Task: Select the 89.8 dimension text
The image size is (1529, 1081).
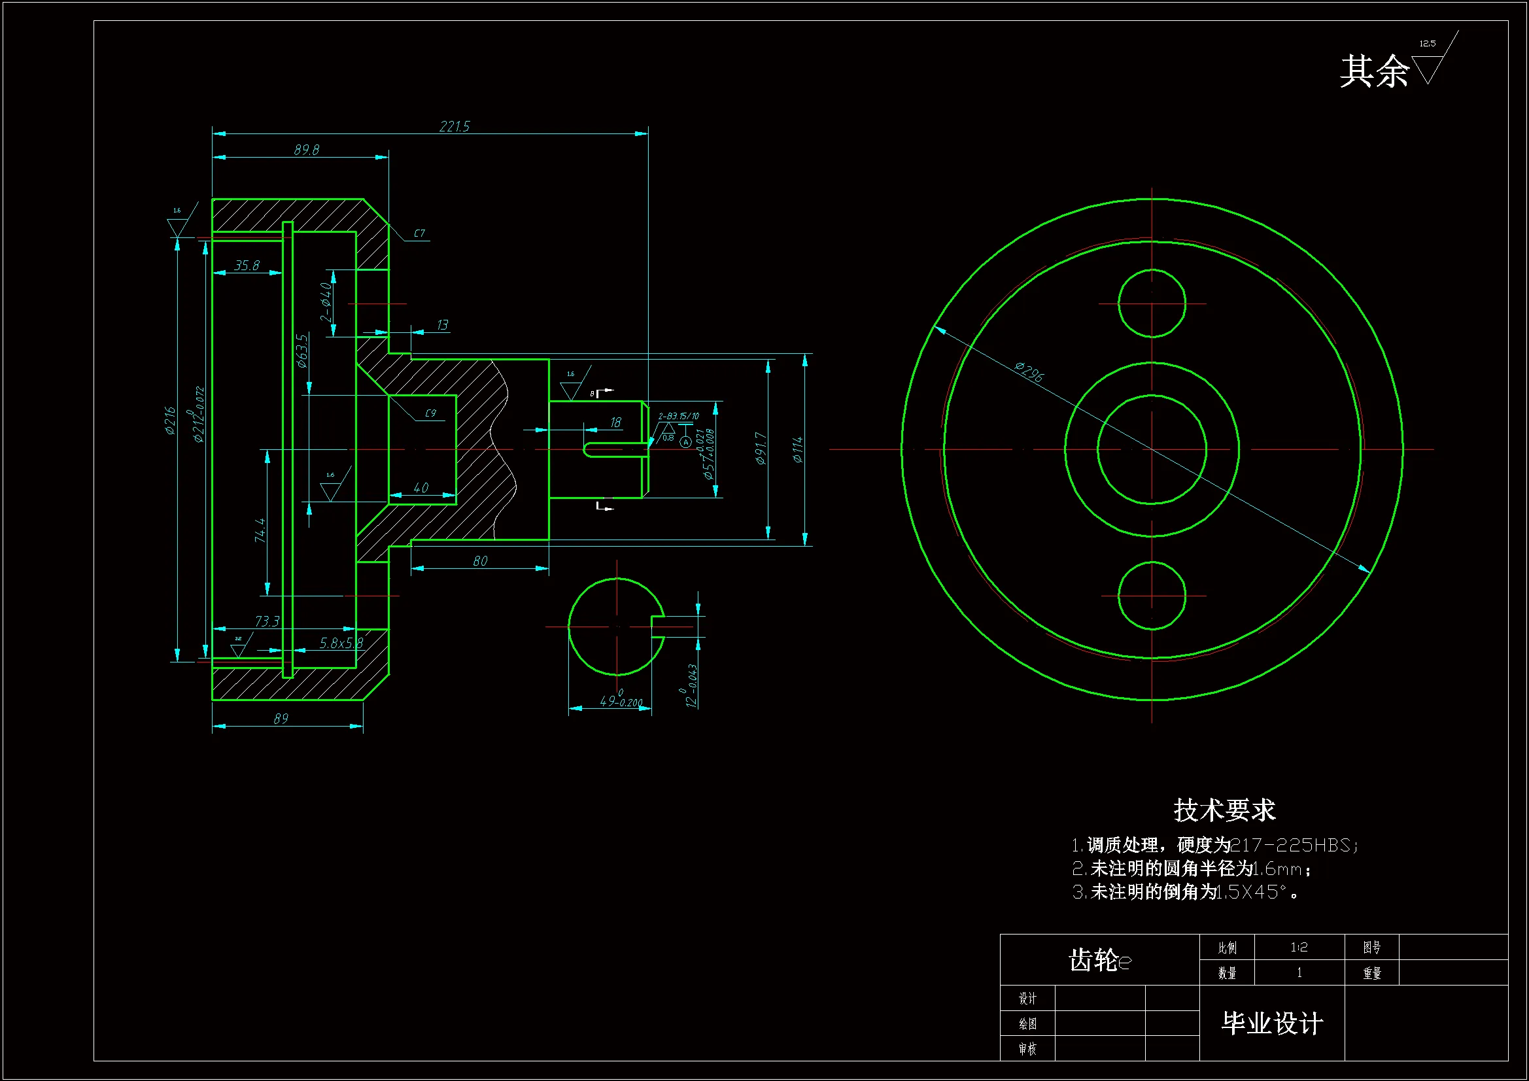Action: pos(306,150)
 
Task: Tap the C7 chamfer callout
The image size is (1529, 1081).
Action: pos(419,233)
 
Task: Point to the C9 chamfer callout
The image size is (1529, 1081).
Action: pos(430,413)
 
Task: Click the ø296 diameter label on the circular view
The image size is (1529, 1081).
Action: pos(1029,371)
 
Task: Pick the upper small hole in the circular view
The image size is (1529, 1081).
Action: pos(1152,303)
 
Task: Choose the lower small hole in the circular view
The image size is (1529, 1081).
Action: pos(1152,596)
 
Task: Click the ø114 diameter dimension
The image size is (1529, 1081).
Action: pos(798,449)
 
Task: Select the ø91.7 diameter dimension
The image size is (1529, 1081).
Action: pos(761,447)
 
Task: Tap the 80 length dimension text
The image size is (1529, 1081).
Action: pos(480,561)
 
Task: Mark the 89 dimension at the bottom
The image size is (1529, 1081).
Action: pos(281,719)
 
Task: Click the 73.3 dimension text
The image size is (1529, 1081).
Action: pos(267,621)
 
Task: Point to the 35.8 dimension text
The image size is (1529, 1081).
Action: pos(247,266)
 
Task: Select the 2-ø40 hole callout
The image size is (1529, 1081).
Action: pos(326,302)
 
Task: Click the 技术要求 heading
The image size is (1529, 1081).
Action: pos(1224,810)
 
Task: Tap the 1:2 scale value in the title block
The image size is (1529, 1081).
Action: pos(1299,947)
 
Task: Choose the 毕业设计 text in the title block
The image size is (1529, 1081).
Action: pos(1272,1023)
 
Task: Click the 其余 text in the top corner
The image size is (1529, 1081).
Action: pos(1375,71)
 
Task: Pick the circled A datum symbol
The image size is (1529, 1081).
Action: pos(685,442)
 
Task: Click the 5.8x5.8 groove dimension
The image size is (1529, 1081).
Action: pos(341,643)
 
